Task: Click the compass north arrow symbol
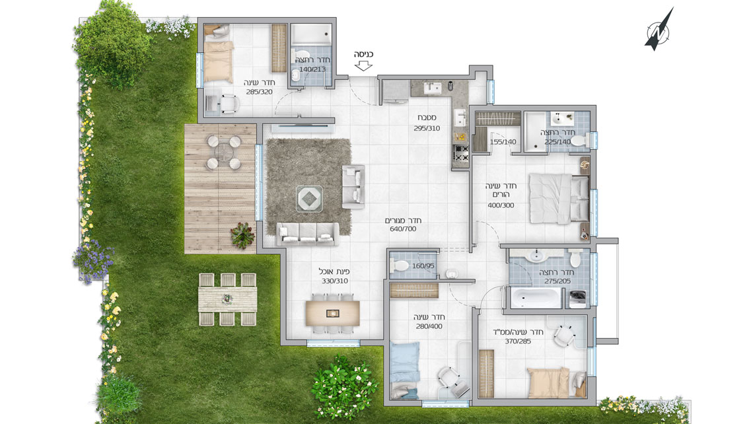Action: tap(659, 30)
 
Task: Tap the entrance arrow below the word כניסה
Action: tap(363, 65)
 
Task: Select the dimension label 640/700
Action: tap(403, 229)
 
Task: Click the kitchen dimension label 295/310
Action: tap(427, 128)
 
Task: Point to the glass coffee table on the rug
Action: tap(308, 198)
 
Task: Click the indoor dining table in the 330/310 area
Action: tap(332, 313)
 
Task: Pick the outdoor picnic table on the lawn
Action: tap(227, 299)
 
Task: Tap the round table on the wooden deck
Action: tap(223, 153)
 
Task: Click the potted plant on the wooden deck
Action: tap(242, 235)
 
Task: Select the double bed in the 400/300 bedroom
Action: tap(559, 199)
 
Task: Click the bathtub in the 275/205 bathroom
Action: tap(535, 297)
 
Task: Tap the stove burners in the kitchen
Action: tap(462, 153)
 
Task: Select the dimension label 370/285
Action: tap(518, 341)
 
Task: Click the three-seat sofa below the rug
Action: tap(307, 234)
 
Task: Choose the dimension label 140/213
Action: tap(312, 69)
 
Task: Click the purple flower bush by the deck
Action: tap(92, 261)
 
